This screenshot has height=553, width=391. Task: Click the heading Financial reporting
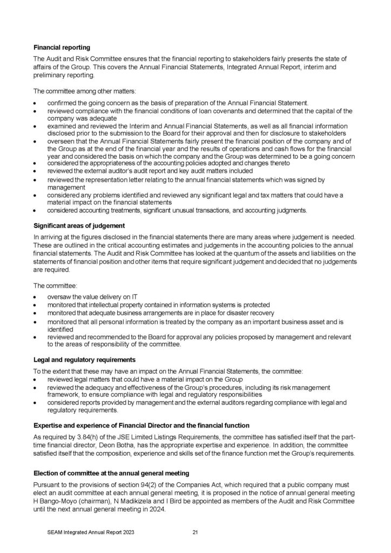pyautogui.click(x=62, y=47)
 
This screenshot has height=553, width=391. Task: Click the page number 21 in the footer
pyautogui.click(x=195, y=532)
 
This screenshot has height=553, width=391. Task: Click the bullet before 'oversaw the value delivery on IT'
pyautogui.click(x=36, y=297)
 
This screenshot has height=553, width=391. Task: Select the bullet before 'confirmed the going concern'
pyautogui.click(x=36, y=103)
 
